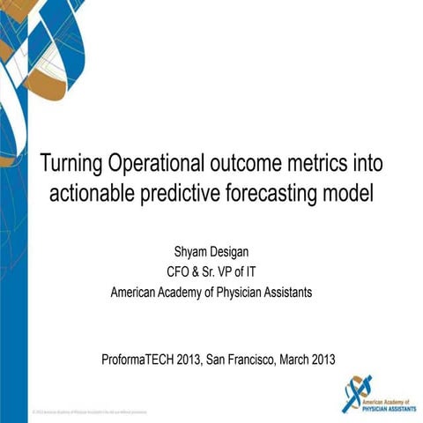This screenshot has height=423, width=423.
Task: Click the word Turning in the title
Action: point(72,164)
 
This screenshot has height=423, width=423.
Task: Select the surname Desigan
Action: point(234,253)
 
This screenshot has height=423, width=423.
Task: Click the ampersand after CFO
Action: point(199,271)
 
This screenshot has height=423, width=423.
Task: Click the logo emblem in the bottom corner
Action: point(357,392)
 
